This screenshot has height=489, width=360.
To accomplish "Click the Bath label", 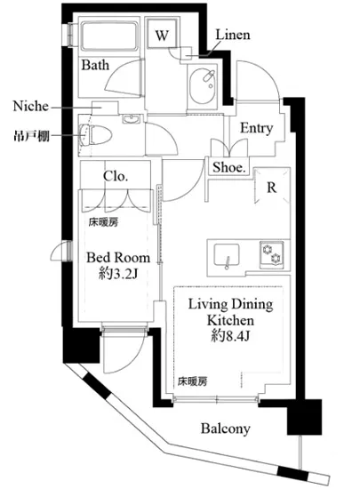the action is tap(95, 65).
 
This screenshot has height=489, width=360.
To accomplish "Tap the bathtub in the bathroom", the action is tap(109, 36).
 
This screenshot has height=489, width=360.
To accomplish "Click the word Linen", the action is tap(233, 35).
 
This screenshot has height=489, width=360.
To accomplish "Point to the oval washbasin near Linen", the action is tap(203, 87).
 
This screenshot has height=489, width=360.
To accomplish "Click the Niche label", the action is tap(31, 106).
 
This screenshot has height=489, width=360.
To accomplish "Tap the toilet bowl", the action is tap(96, 135).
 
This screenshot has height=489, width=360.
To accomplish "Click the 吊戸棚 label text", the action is tap(31, 136).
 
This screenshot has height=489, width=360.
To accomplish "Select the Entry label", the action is tap(256, 128).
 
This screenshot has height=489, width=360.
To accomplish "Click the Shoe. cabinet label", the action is tap(229, 167).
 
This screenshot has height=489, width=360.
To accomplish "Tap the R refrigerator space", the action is tap(272, 187).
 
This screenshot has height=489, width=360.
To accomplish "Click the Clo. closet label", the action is tap(116, 176).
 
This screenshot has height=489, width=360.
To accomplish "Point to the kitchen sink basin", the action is tap(227, 255).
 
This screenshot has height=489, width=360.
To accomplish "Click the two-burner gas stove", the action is tap(272, 255).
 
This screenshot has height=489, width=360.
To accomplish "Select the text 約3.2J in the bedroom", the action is tap(118, 274).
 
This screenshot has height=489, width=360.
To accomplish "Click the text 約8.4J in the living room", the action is tap(230, 336).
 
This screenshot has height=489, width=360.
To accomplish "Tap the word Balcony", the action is tap(226, 429).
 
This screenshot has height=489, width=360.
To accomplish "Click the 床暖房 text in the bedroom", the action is tap(103, 222).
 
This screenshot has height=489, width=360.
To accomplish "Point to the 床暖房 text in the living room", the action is tap(192, 381).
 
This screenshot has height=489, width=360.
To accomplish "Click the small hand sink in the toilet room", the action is tap(132, 119).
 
